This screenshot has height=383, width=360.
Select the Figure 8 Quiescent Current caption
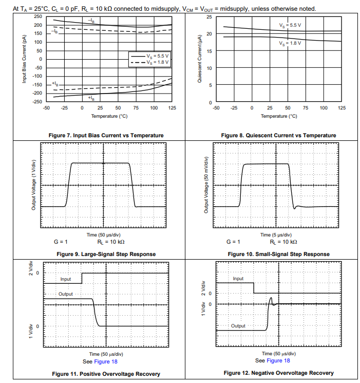coord(278,135)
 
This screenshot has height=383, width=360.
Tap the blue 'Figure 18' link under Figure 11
coord(107,361)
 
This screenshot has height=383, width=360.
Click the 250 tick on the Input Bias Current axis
coord(38,16)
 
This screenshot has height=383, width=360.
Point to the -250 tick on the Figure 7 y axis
coord(37,102)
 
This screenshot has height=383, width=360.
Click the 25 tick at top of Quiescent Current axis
coord(209,17)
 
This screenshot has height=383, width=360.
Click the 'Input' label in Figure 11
coord(66,279)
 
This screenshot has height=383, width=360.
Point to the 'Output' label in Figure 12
coord(238,325)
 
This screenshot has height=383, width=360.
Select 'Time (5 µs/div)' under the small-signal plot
coord(278,234)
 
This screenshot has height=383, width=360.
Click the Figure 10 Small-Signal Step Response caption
coord(278,254)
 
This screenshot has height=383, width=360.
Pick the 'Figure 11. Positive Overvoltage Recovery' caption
coord(106,373)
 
